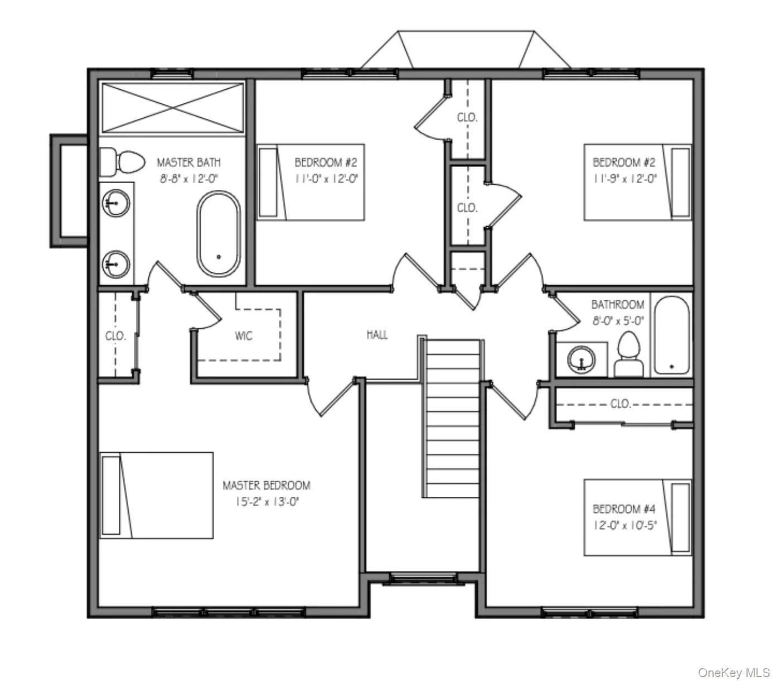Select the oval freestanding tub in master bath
[219, 234]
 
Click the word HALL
[377, 335]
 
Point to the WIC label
[244, 336]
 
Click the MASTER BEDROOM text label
[266, 486]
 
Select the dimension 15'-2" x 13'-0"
[266, 502]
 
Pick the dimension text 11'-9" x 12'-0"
[624, 179]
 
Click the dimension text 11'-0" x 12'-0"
[326, 179]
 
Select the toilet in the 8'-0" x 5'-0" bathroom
[629, 354]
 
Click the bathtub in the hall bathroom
[672, 335]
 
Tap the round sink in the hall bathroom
[582, 359]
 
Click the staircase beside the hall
[452, 419]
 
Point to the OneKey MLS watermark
[733, 673]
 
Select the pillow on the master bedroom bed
[111, 495]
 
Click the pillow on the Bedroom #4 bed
[680, 517]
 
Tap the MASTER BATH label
[188, 162]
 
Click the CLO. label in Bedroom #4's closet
[620, 404]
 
